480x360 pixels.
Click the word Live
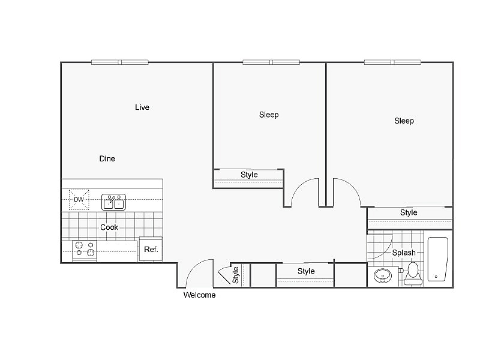pos(142,107)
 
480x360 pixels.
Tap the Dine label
pos(107,159)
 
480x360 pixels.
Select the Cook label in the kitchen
pos(109,227)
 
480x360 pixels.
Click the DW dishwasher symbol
pos(79,200)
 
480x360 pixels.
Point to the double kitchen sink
pos(113,202)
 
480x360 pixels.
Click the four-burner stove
pos(85,249)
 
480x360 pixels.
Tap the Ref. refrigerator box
pos(151,249)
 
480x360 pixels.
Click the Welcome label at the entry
pos(199,295)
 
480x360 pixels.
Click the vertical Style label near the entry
pos(236,275)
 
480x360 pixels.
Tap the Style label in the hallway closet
pos(306,271)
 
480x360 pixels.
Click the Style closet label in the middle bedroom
pos(249,175)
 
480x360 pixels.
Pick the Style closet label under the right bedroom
pos(409,213)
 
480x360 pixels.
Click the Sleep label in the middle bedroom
pos(269,115)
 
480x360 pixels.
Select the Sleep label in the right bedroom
pos(404,121)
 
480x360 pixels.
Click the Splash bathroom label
pos(404,253)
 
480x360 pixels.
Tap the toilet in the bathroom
pos(412,274)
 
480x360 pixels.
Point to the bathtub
pos(437,259)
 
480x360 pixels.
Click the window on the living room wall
pos(120,62)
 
